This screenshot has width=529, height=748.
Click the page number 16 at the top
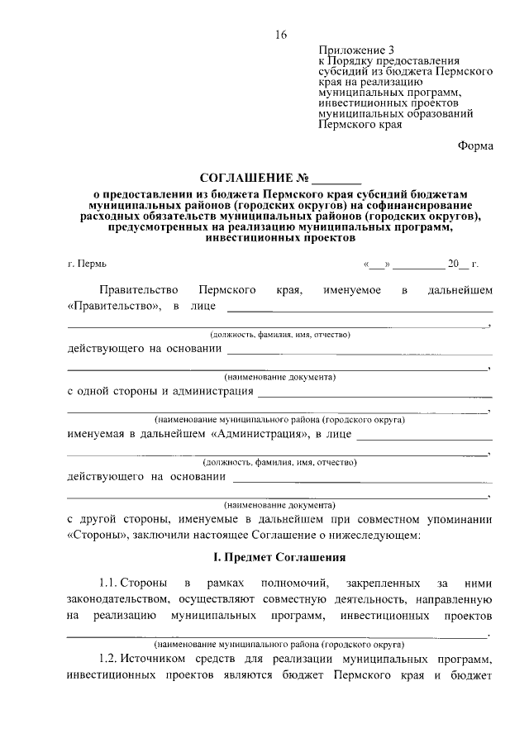[280, 34]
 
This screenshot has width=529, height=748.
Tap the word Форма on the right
[475, 146]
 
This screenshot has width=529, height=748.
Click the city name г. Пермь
[87, 264]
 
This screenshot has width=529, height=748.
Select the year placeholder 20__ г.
[462, 264]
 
